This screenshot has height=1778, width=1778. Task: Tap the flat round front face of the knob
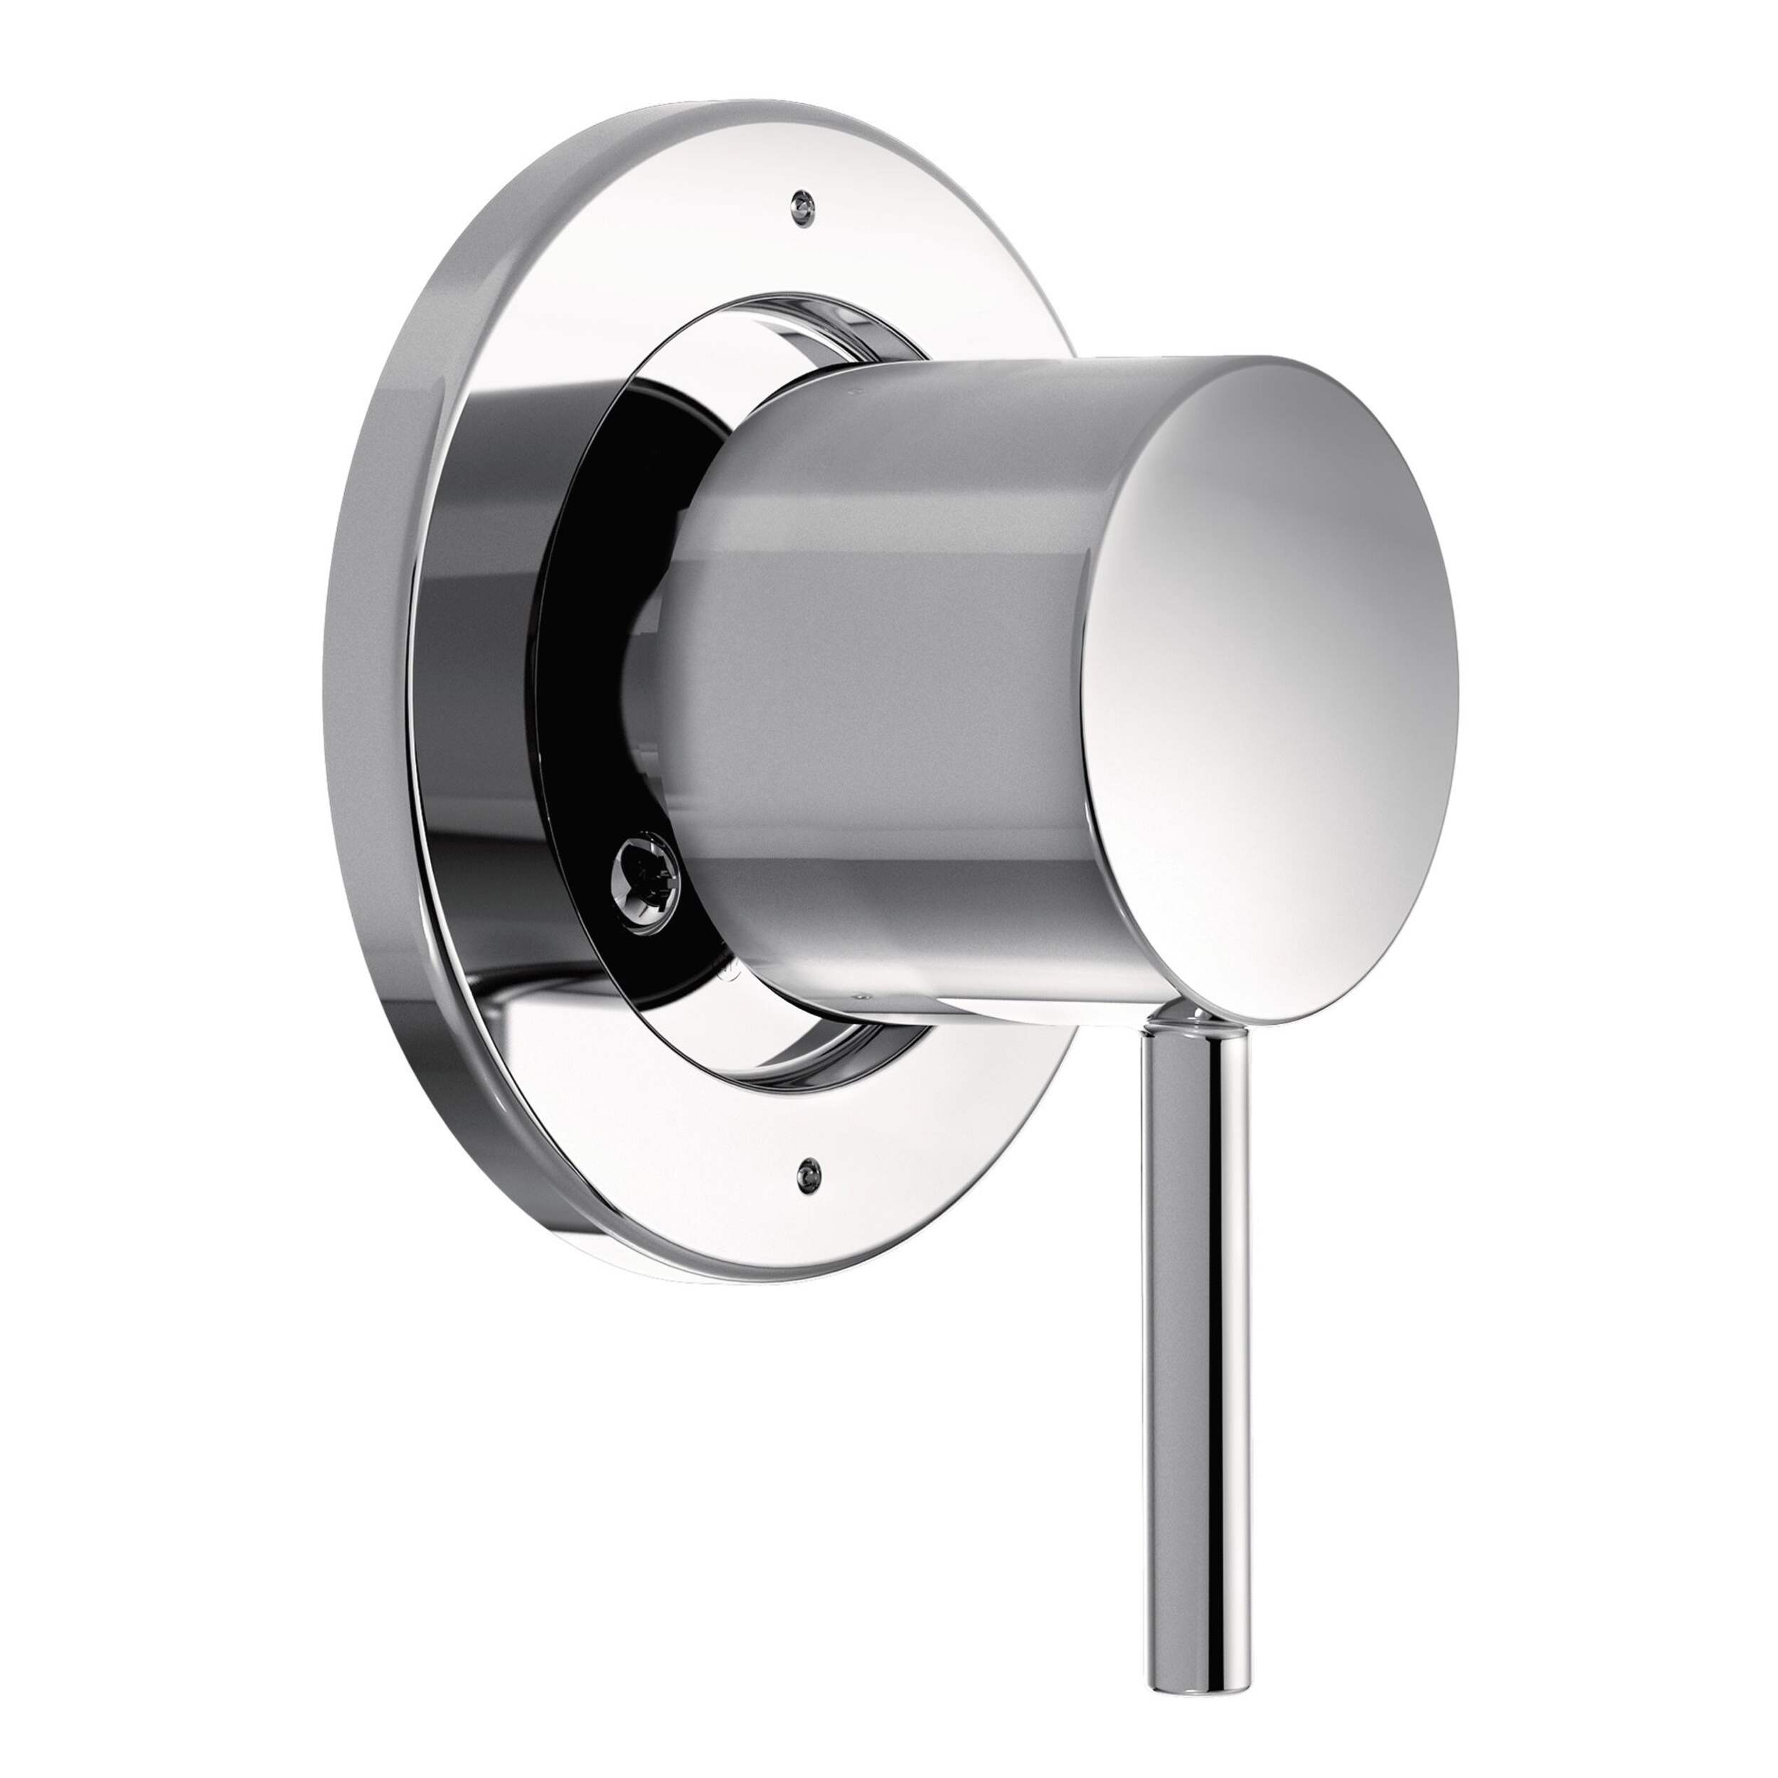tap(1279, 681)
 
